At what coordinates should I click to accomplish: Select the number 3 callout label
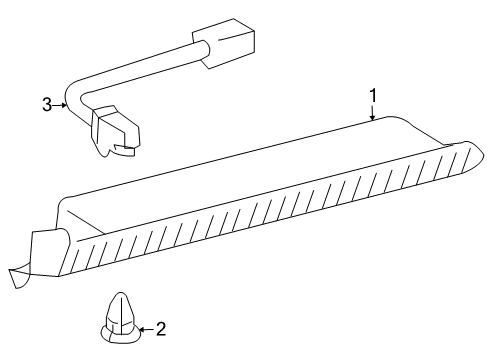click(46, 103)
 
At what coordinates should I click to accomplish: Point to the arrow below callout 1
click(372, 114)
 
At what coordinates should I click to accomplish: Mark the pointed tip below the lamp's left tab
click(17, 271)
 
